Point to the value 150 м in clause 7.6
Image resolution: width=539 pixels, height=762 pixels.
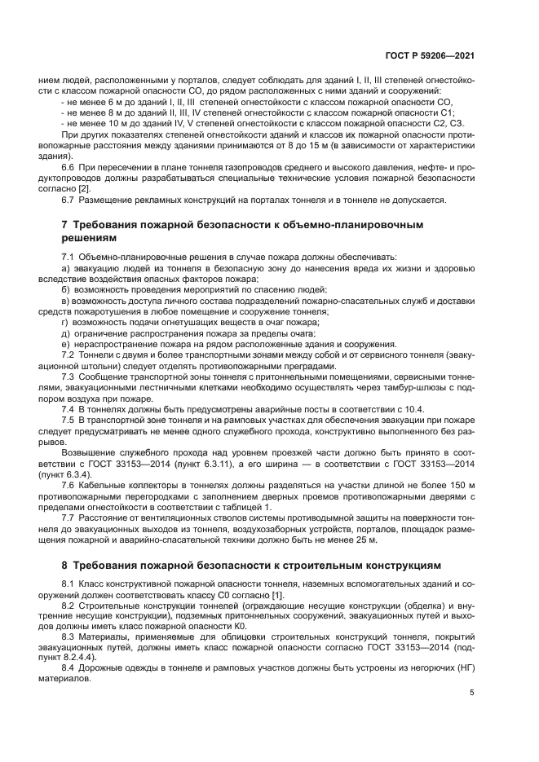pos(462,485)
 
